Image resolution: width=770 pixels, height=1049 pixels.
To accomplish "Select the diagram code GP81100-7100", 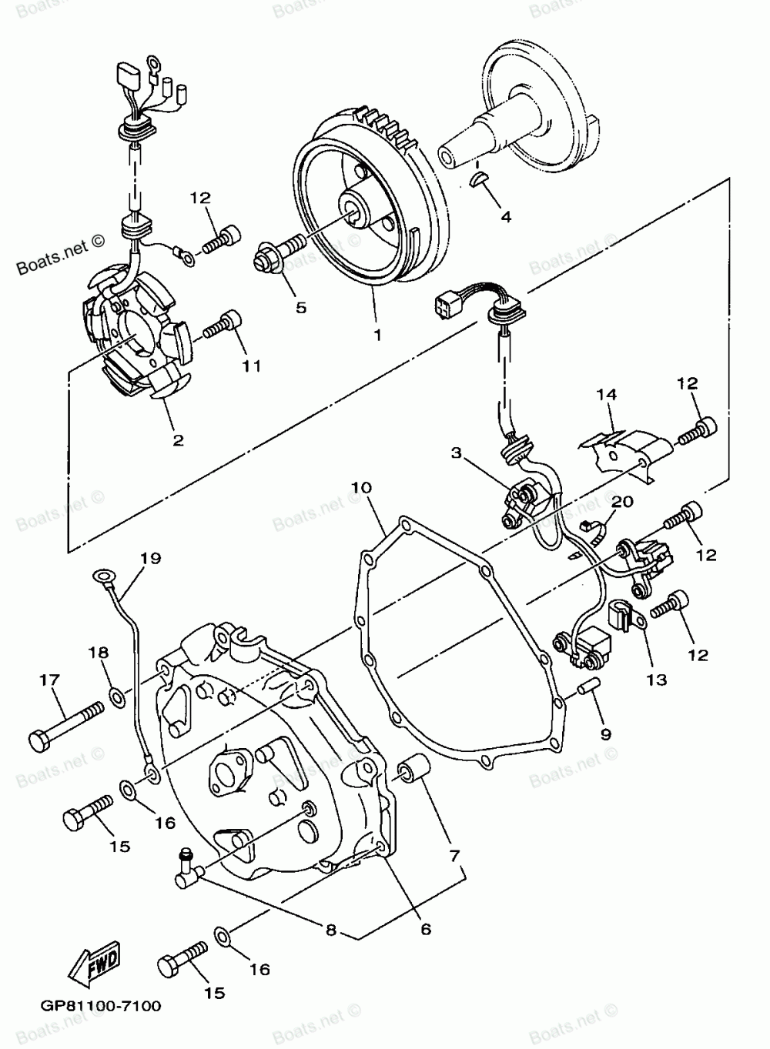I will (97, 1005).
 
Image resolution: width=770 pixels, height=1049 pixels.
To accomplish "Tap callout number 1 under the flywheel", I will (377, 335).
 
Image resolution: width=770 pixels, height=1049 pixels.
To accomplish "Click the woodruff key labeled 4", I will (478, 179).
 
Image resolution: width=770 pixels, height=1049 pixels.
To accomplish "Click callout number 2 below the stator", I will (178, 440).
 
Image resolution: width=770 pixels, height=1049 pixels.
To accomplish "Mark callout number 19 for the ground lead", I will (150, 558).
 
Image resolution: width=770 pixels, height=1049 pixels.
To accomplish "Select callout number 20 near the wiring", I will (622, 501).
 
